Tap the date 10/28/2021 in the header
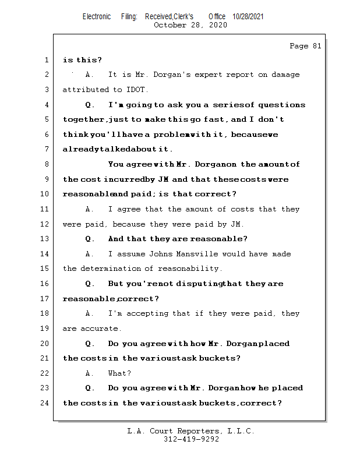click(x=248, y=17)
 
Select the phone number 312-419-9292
click(x=191, y=440)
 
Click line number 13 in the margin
click(x=45, y=239)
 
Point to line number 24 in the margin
click(x=45, y=403)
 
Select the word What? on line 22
click(x=120, y=373)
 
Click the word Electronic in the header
click(x=97, y=17)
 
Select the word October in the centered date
click(x=170, y=25)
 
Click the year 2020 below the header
click(x=218, y=25)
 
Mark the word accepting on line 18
click(x=167, y=313)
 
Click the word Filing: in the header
click(x=129, y=17)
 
